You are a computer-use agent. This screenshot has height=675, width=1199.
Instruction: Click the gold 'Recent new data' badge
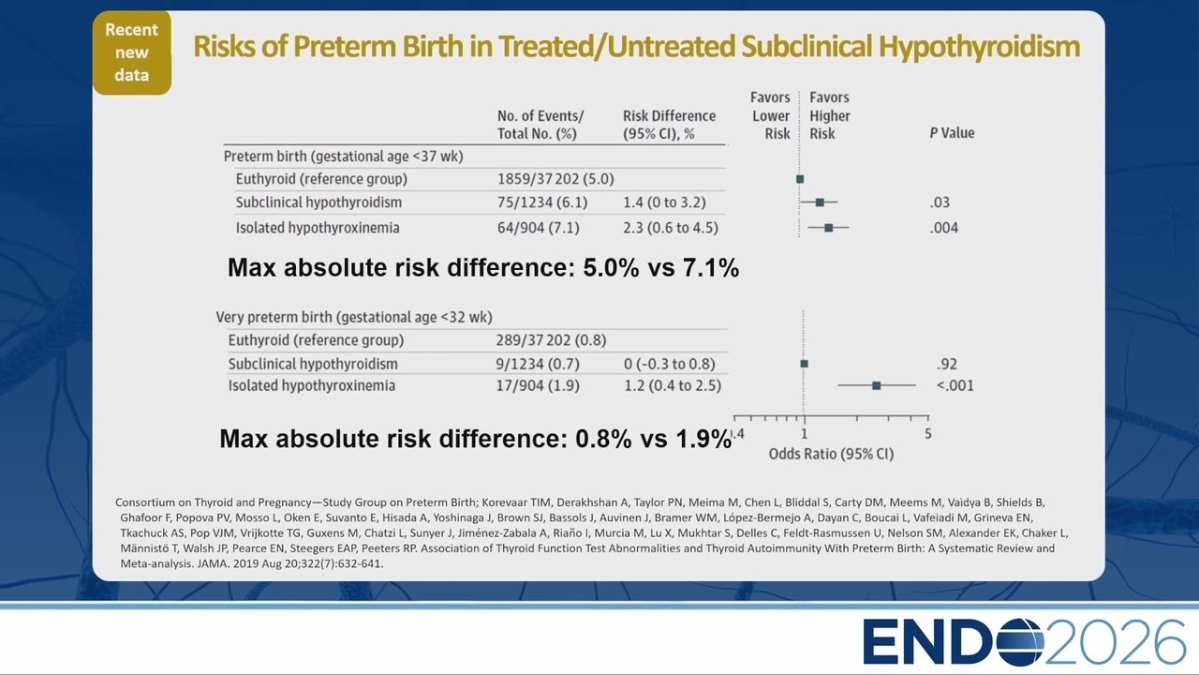[x=132, y=52]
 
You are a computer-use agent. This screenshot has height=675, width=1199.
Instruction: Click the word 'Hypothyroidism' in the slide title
[x=979, y=47]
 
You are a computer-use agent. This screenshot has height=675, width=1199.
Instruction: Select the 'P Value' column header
[x=952, y=133]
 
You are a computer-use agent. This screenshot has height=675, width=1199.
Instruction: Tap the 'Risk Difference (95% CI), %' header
[x=669, y=125]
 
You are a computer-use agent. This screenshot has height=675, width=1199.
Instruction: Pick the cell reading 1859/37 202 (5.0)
[x=555, y=179]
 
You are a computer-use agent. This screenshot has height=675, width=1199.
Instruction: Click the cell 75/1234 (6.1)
[x=542, y=202]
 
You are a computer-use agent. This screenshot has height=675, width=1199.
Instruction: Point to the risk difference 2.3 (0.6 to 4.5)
[x=670, y=228]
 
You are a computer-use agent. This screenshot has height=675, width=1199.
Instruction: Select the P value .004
[x=943, y=228]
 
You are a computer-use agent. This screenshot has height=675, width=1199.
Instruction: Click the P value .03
[x=940, y=202]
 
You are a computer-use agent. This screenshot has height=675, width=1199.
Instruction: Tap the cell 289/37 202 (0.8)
[x=551, y=340]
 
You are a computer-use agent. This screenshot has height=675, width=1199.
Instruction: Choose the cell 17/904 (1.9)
[x=538, y=385]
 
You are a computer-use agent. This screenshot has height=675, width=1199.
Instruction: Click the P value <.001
[x=955, y=385]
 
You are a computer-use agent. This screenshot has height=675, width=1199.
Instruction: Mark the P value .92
[x=947, y=365]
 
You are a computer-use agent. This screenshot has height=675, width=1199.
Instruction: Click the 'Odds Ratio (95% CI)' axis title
[x=831, y=455]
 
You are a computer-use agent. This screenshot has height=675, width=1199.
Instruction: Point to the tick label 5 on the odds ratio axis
[x=928, y=434]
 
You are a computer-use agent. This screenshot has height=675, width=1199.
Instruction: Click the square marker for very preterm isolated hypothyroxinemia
[x=876, y=385]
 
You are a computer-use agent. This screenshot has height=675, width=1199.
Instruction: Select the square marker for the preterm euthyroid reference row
[x=800, y=179]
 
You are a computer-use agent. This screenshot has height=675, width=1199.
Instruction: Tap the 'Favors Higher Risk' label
[x=830, y=115]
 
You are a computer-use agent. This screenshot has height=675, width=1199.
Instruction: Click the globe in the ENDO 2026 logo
[x=1020, y=642]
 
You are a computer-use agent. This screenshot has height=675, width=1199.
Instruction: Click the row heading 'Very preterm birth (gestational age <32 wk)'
[x=354, y=317]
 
